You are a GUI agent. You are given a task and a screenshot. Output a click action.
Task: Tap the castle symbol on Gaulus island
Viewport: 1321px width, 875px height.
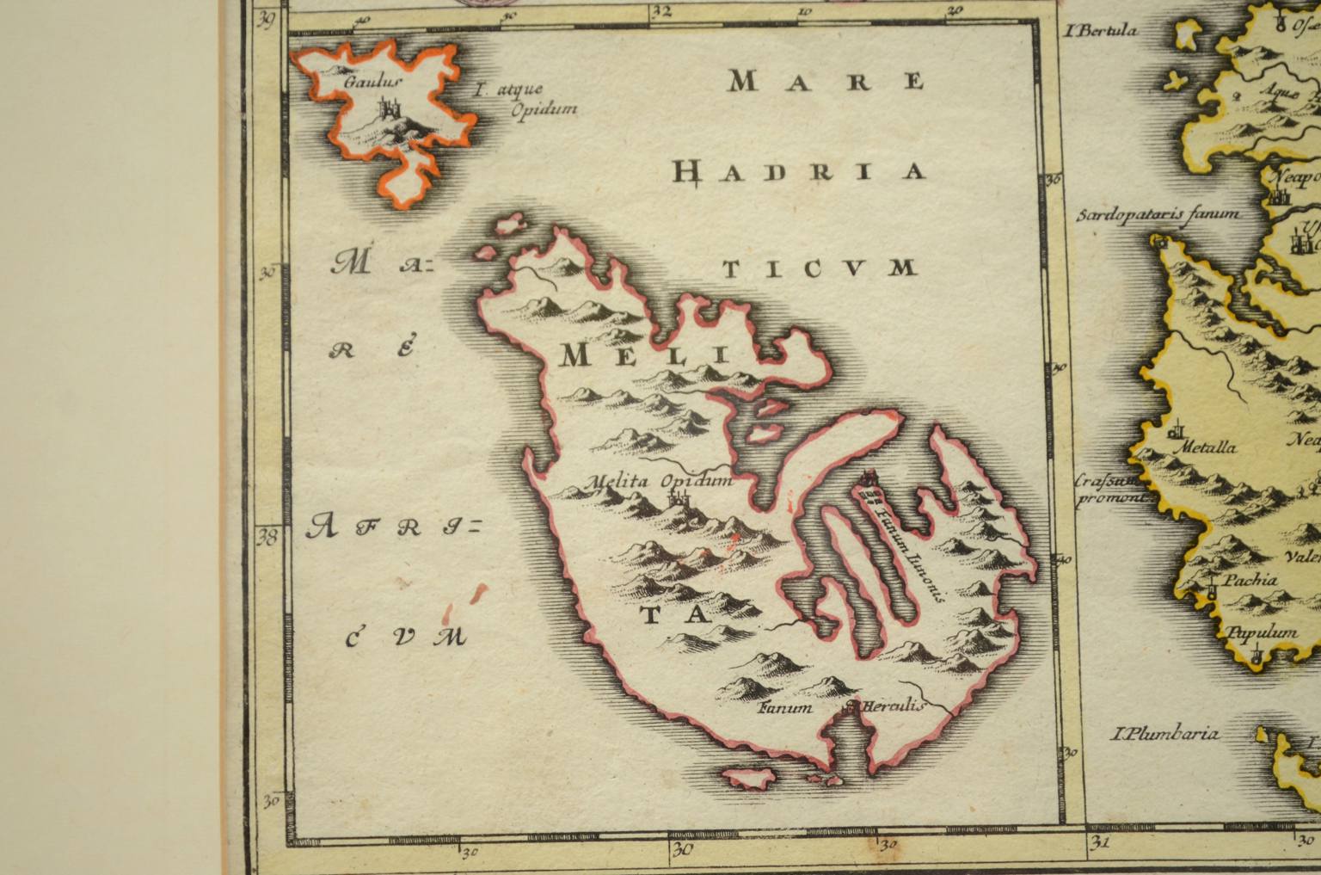(x=387, y=108)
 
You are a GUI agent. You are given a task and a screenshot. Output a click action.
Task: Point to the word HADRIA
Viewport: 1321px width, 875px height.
(x=799, y=172)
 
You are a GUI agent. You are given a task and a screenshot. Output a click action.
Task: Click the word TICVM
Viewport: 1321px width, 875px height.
(x=819, y=269)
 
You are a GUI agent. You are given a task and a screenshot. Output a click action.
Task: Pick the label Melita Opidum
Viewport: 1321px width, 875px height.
(x=659, y=481)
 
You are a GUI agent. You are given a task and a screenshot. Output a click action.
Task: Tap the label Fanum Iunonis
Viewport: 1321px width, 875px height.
(x=908, y=552)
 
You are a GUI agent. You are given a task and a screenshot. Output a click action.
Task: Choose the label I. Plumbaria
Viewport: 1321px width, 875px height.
(x=1165, y=734)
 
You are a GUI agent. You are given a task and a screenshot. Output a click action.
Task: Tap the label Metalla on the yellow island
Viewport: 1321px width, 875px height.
(x=1209, y=447)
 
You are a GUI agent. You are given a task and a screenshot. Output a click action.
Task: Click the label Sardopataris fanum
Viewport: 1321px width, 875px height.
(x=1158, y=213)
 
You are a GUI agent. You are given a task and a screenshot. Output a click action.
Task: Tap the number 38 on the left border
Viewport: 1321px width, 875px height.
(x=267, y=538)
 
